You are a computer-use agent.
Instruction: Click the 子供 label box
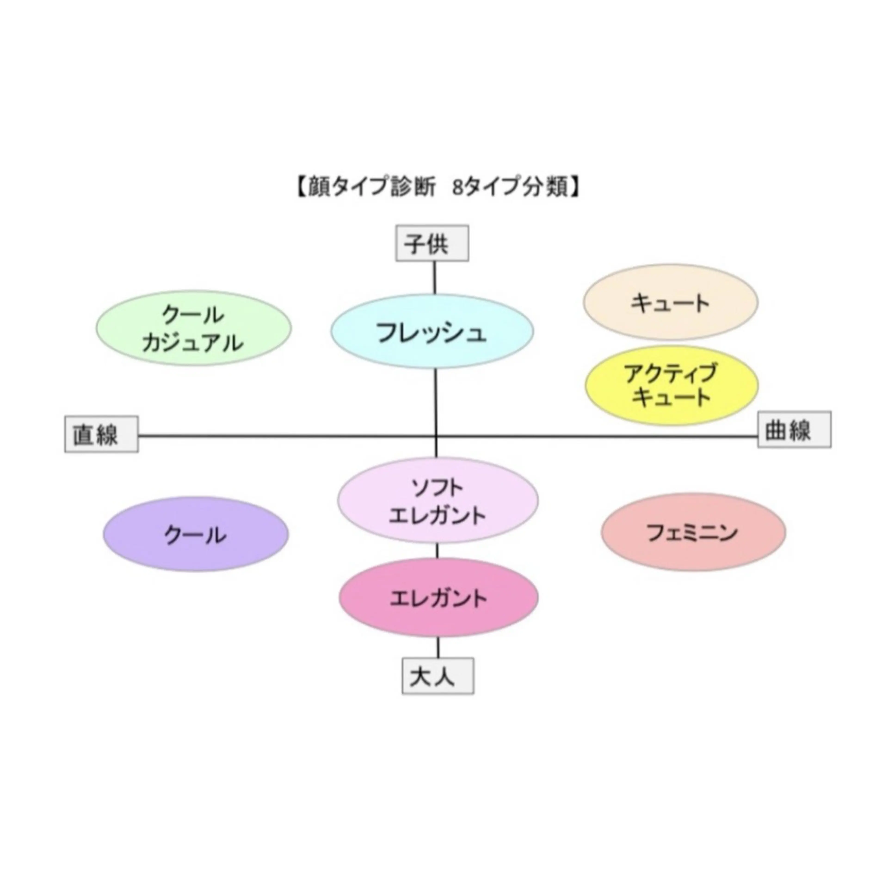pos(432,243)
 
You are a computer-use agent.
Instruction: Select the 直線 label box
pos(101,434)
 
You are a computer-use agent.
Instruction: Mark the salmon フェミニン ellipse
pos(693,532)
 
